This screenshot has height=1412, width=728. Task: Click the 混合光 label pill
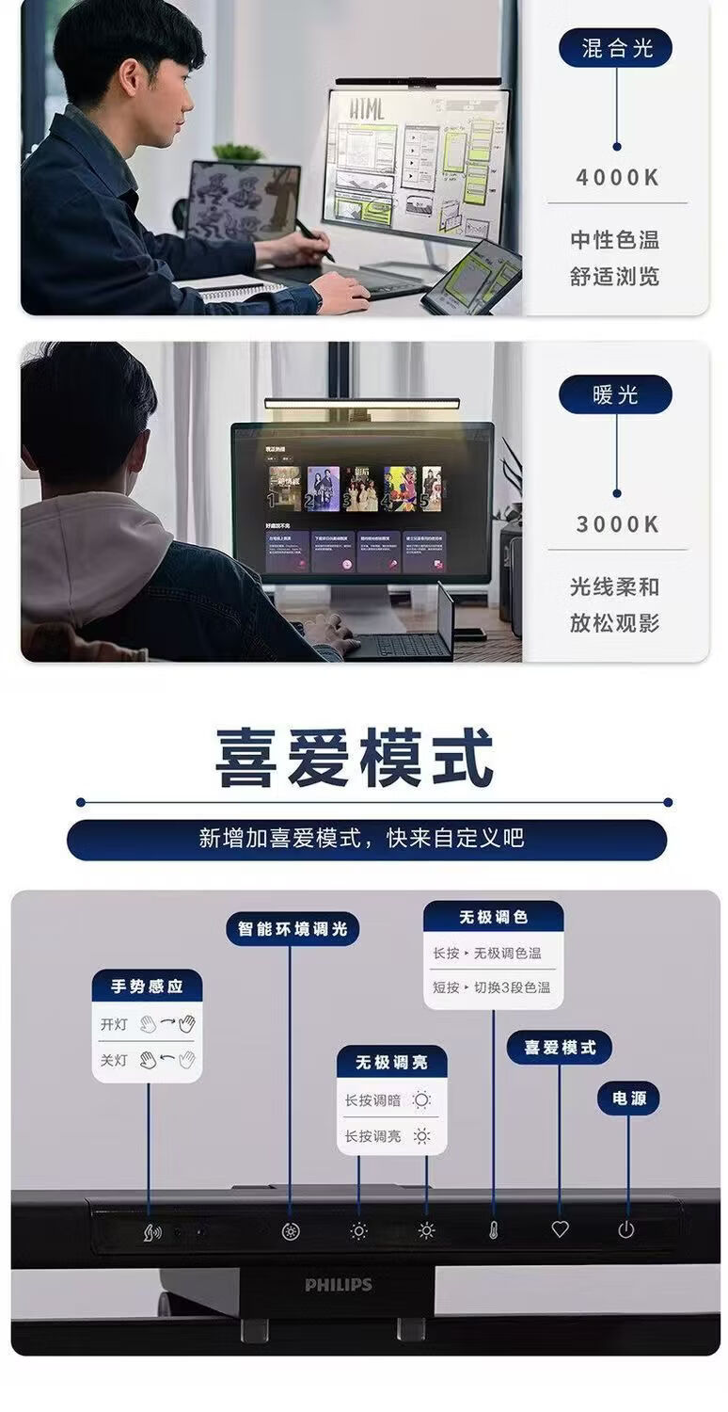pyautogui.click(x=615, y=48)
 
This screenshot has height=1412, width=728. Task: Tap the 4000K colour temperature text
pyautogui.click(x=617, y=177)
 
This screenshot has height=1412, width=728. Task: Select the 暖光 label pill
pyautogui.click(x=615, y=395)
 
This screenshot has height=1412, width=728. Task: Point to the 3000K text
pyautogui.click(x=617, y=524)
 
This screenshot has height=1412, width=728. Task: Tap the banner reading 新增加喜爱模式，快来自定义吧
pyautogui.click(x=366, y=839)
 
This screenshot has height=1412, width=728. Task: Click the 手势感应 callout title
pyautogui.click(x=147, y=987)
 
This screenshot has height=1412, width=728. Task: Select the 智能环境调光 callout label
pyautogui.click(x=293, y=929)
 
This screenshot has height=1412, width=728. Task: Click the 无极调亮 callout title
pyautogui.click(x=391, y=1062)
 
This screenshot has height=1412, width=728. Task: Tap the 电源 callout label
pyautogui.click(x=628, y=1099)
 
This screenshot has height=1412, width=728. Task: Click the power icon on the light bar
pyautogui.click(x=626, y=1229)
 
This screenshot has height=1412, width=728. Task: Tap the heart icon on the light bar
pyautogui.click(x=560, y=1229)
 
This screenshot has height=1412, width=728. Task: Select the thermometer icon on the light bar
pyautogui.click(x=493, y=1230)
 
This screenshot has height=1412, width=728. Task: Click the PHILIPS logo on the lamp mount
pyautogui.click(x=339, y=1284)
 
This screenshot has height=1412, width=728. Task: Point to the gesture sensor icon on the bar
pyautogui.click(x=151, y=1231)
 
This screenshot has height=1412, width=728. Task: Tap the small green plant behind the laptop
pyautogui.click(x=238, y=152)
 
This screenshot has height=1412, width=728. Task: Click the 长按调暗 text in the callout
pyautogui.click(x=372, y=1099)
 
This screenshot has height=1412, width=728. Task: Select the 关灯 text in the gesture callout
pyautogui.click(x=114, y=1060)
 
